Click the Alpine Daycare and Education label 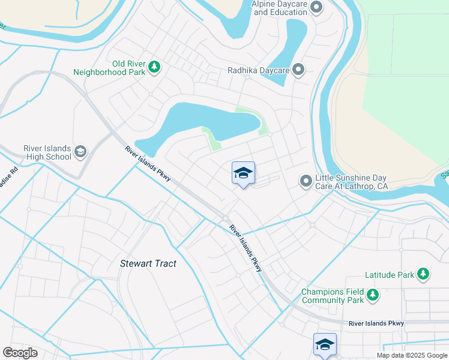279,8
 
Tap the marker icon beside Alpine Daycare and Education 317,8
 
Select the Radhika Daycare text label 259,70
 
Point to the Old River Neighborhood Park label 108,68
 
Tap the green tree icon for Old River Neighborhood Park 154,67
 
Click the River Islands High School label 47,153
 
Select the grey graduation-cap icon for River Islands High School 80,153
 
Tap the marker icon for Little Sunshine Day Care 306,181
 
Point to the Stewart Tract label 148,263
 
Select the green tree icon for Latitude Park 423,274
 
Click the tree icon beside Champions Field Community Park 373,295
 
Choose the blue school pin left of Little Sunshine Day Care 243,173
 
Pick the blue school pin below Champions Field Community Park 325,344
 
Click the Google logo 20,353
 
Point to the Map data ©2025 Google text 411,355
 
